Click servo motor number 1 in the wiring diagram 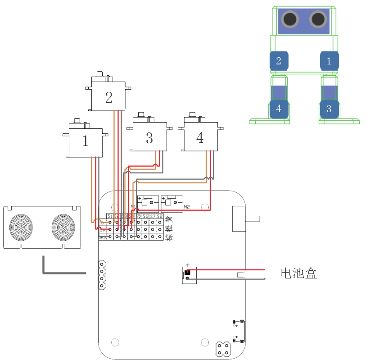click(x=86, y=141)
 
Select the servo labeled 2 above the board click(x=108, y=97)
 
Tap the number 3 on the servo click(x=149, y=138)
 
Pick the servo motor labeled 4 click(x=200, y=138)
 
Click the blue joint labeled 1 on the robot click(x=329, y=61)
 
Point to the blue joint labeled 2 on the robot click(x=279, y=61)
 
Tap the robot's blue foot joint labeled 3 click(x=329, y=109)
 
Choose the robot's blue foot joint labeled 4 click(x=279, y=109)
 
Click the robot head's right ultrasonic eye click(x=318, y=19)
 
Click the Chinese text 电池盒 click(x=299, y=273)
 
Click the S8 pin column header click(x=160, y=217)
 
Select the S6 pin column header click(x=145, y=217)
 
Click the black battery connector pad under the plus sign click(x=188, y=272)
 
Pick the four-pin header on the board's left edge click(x=102, y=274)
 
